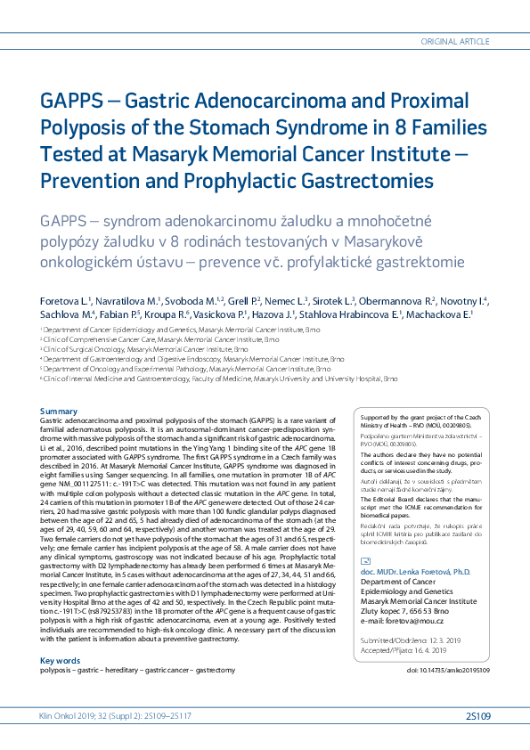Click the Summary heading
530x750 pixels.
pyautogui.click(x=60, y=411)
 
